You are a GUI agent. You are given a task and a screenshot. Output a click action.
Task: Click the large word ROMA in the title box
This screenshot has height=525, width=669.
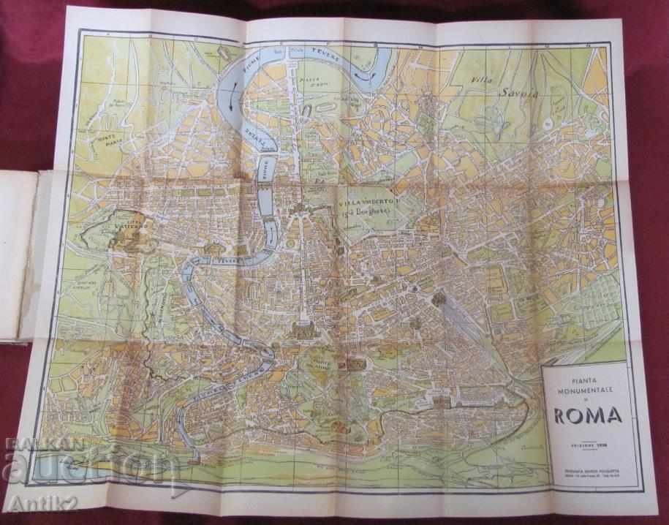588,415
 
